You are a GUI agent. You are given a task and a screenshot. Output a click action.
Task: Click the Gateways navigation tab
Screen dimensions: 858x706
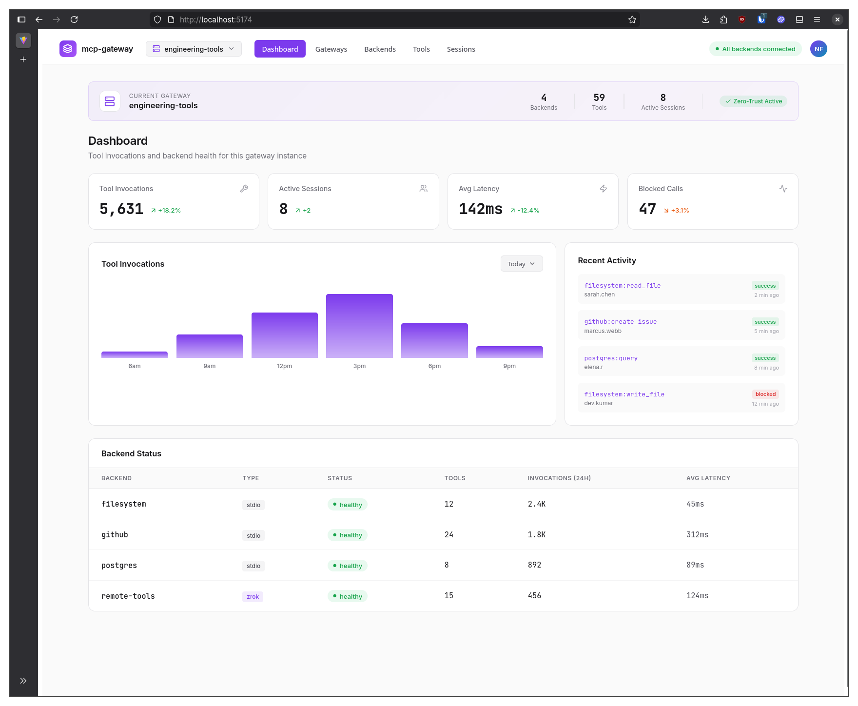(x=331, y=49)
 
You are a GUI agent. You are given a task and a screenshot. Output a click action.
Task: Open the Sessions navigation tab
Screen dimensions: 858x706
(x=461, y=49)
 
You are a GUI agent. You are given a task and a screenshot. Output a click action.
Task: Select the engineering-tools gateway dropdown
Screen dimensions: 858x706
(x=194, y=49)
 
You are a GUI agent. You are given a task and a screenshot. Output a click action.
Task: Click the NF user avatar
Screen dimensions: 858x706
(x=819, y=49)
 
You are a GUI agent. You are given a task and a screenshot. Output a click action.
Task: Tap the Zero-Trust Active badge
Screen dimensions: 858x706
(x=754, y=101)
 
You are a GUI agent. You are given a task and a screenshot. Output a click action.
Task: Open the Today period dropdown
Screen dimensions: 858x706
(x=521, y=264)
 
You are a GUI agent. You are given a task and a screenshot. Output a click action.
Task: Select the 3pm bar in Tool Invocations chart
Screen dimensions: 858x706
(x=359, y=326)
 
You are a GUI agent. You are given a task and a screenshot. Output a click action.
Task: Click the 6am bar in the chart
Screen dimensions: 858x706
(x=135, y=354)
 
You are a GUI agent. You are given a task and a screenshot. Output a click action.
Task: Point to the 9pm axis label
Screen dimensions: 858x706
(x=509, y=366)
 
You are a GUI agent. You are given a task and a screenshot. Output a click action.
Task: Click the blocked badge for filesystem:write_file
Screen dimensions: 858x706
(x=765, y=394)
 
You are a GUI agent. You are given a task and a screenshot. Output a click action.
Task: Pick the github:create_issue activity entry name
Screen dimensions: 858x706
(x=621, y=322)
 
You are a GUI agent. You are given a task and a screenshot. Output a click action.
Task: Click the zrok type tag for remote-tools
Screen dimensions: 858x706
(x=253, y=596)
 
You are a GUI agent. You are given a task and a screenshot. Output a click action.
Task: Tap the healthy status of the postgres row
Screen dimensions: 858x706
(x=347, y=566)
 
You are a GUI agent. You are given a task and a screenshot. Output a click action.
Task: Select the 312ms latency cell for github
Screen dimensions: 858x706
(x=697, y=535)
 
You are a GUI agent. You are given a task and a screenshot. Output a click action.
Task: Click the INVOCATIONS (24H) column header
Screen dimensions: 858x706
(x=559, y=478)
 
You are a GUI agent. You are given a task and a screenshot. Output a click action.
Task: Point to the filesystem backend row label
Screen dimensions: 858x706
(x=124, y=504)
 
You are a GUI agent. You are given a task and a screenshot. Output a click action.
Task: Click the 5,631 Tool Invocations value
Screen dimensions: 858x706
(x=121, y=209)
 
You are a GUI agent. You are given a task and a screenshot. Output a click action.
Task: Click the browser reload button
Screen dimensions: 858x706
(x=74, y=20)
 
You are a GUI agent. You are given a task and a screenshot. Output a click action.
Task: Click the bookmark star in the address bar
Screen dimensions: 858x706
(x=632, y=20)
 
